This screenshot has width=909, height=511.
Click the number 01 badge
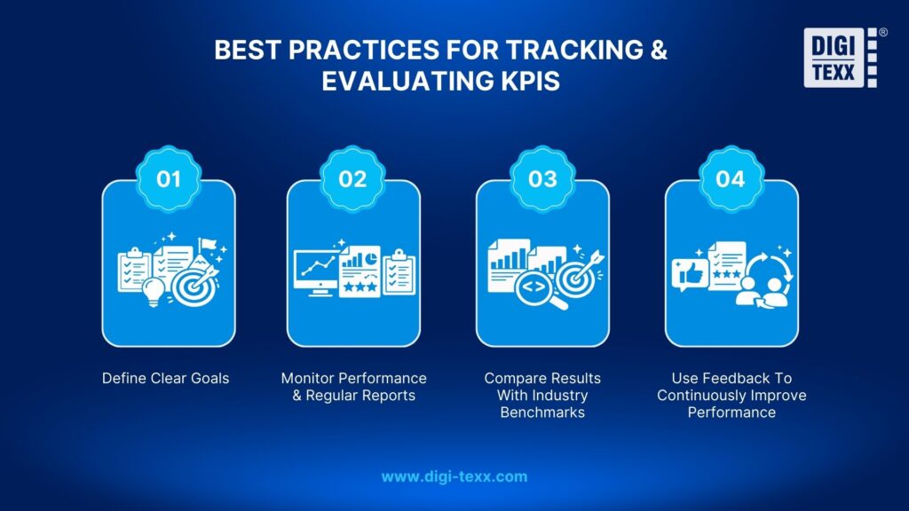click(x=169, y=178)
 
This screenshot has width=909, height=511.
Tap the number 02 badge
click(x=352, y=178)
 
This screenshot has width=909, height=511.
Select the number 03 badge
click(x=542, y=178)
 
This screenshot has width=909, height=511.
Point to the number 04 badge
click(x=730, y=178)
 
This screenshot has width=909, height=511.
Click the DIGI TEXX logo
click(x=840, y=59)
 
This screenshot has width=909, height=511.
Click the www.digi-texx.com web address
click(x=454, y=476)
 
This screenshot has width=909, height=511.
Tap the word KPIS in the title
click(x=532, y=81)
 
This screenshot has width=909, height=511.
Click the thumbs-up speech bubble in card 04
click(x=689, y=274)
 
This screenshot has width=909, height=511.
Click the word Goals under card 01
click(x=206, y=378)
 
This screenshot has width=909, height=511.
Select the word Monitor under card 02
click(x=307, y=378)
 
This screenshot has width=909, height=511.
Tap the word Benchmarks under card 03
click(x=542, y=412)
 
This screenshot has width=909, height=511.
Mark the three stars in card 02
click(x=360, y=288)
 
